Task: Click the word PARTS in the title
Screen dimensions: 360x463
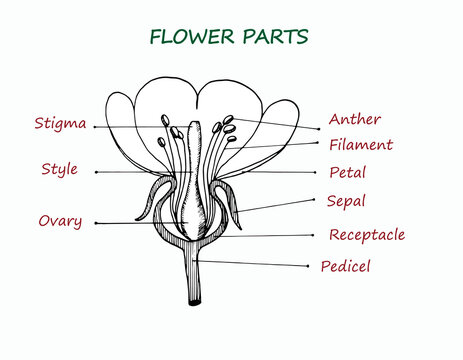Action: coord(272,37)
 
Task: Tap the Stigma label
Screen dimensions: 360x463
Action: coord(59,124)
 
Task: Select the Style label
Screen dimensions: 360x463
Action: coord(59,169)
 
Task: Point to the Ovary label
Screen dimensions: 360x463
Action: coord(60,220)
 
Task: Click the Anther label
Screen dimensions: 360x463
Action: coord(354,119)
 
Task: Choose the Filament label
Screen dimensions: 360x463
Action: coord(360,145)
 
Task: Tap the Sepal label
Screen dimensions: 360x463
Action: coord(346,201)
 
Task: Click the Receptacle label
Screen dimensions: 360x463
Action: coord(367,235)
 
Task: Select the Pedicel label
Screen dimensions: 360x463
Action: coord(345,267)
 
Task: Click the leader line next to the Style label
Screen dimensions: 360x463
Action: coord(130,171)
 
